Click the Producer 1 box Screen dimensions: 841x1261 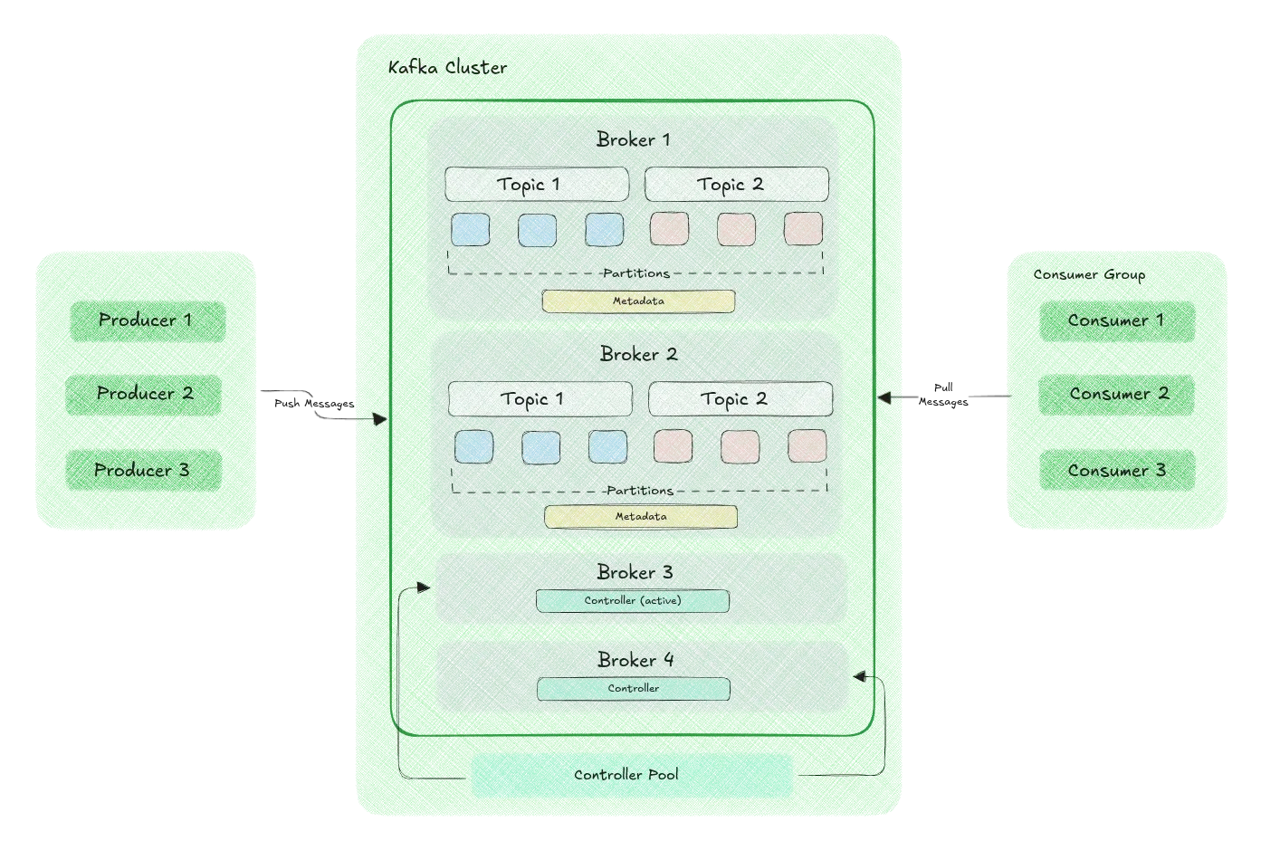tap(147, 320)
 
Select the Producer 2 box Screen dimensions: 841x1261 tap(144, 394)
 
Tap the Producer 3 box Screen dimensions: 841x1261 tap(143, 471)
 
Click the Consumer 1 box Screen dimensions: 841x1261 tap(1116, 320)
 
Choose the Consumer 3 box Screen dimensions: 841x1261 tap(1116, 471)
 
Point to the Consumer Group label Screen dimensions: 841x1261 tap(1089, 274)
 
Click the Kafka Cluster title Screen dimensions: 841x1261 tap(447, 68)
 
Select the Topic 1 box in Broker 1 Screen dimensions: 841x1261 tap(536, 185)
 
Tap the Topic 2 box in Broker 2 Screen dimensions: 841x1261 tap(740, 399)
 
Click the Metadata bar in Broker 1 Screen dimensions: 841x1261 tap(638, 301)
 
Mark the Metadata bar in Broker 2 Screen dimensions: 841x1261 tap(641, 517)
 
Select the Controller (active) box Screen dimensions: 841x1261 tap(633, 601)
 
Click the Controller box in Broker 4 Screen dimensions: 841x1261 tap(634, 689)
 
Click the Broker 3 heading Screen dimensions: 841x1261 tap(635, 572)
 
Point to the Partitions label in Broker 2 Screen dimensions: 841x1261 tap(640, 491)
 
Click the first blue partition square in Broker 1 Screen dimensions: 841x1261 tap(471, 230)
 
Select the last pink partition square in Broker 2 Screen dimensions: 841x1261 tap(807, 446)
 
